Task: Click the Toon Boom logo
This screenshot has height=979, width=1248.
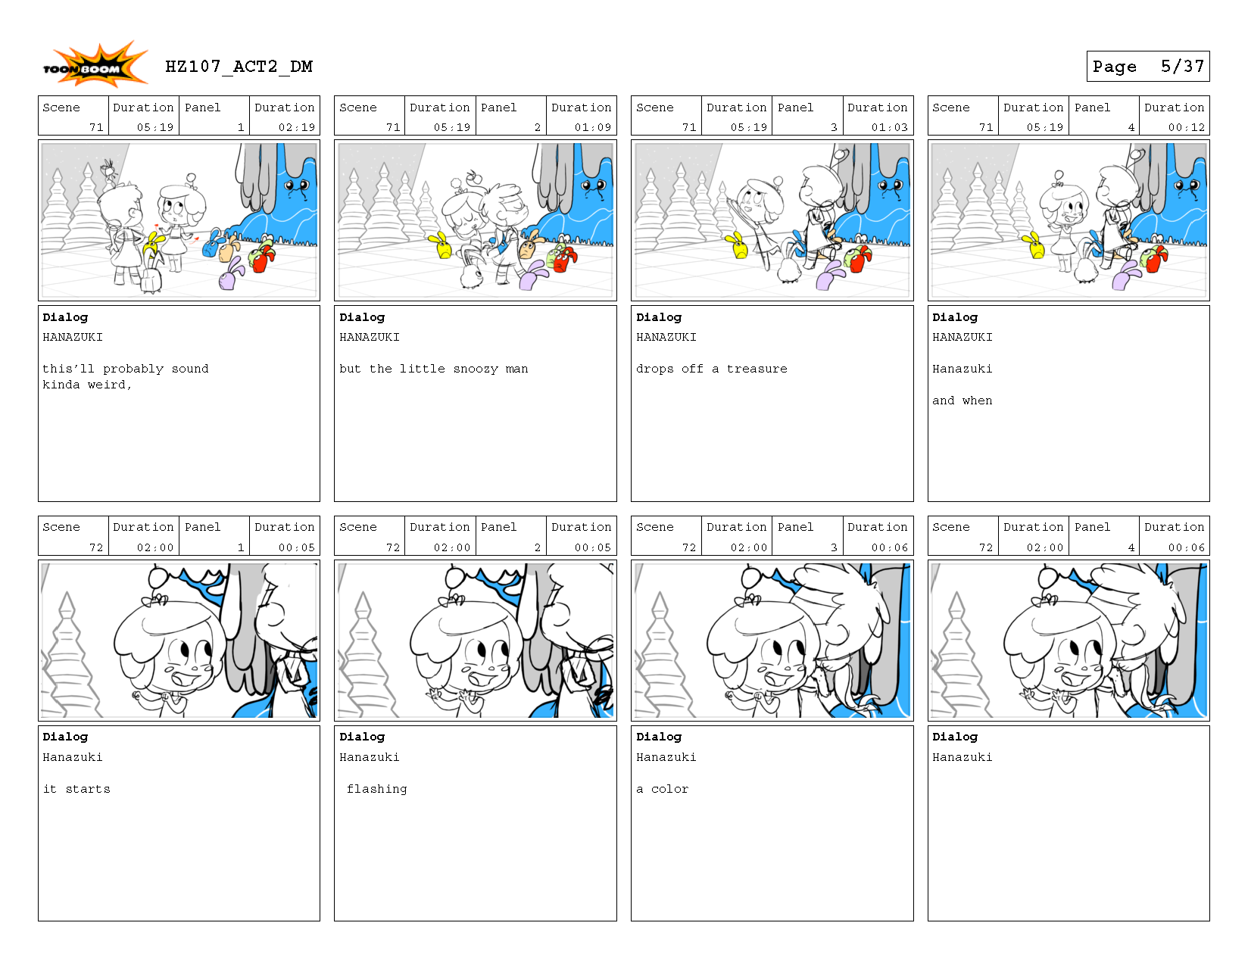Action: coord(94,67)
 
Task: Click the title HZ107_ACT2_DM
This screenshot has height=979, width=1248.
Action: coord(239,67)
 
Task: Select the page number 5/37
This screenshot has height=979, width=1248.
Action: coord(1181,67)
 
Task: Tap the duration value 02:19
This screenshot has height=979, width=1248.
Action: coord(296,127)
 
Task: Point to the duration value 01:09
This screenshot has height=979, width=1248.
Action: coord(592,127)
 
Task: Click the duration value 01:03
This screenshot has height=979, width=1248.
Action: coord(889,127)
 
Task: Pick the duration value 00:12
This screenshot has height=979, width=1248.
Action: coord(1186,127)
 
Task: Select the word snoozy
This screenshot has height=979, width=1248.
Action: coord(476,369)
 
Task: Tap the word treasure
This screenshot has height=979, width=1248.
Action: coord(757,369)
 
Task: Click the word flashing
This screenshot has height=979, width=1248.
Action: coord(376,789)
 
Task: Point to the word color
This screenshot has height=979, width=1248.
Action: coord(669,789)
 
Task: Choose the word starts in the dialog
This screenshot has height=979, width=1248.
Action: coord(88,789)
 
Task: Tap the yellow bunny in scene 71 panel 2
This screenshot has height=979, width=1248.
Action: coord(441,246)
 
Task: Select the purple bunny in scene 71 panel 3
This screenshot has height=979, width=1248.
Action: coord(830,277)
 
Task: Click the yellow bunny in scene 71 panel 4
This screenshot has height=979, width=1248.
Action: coord(1034,246)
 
